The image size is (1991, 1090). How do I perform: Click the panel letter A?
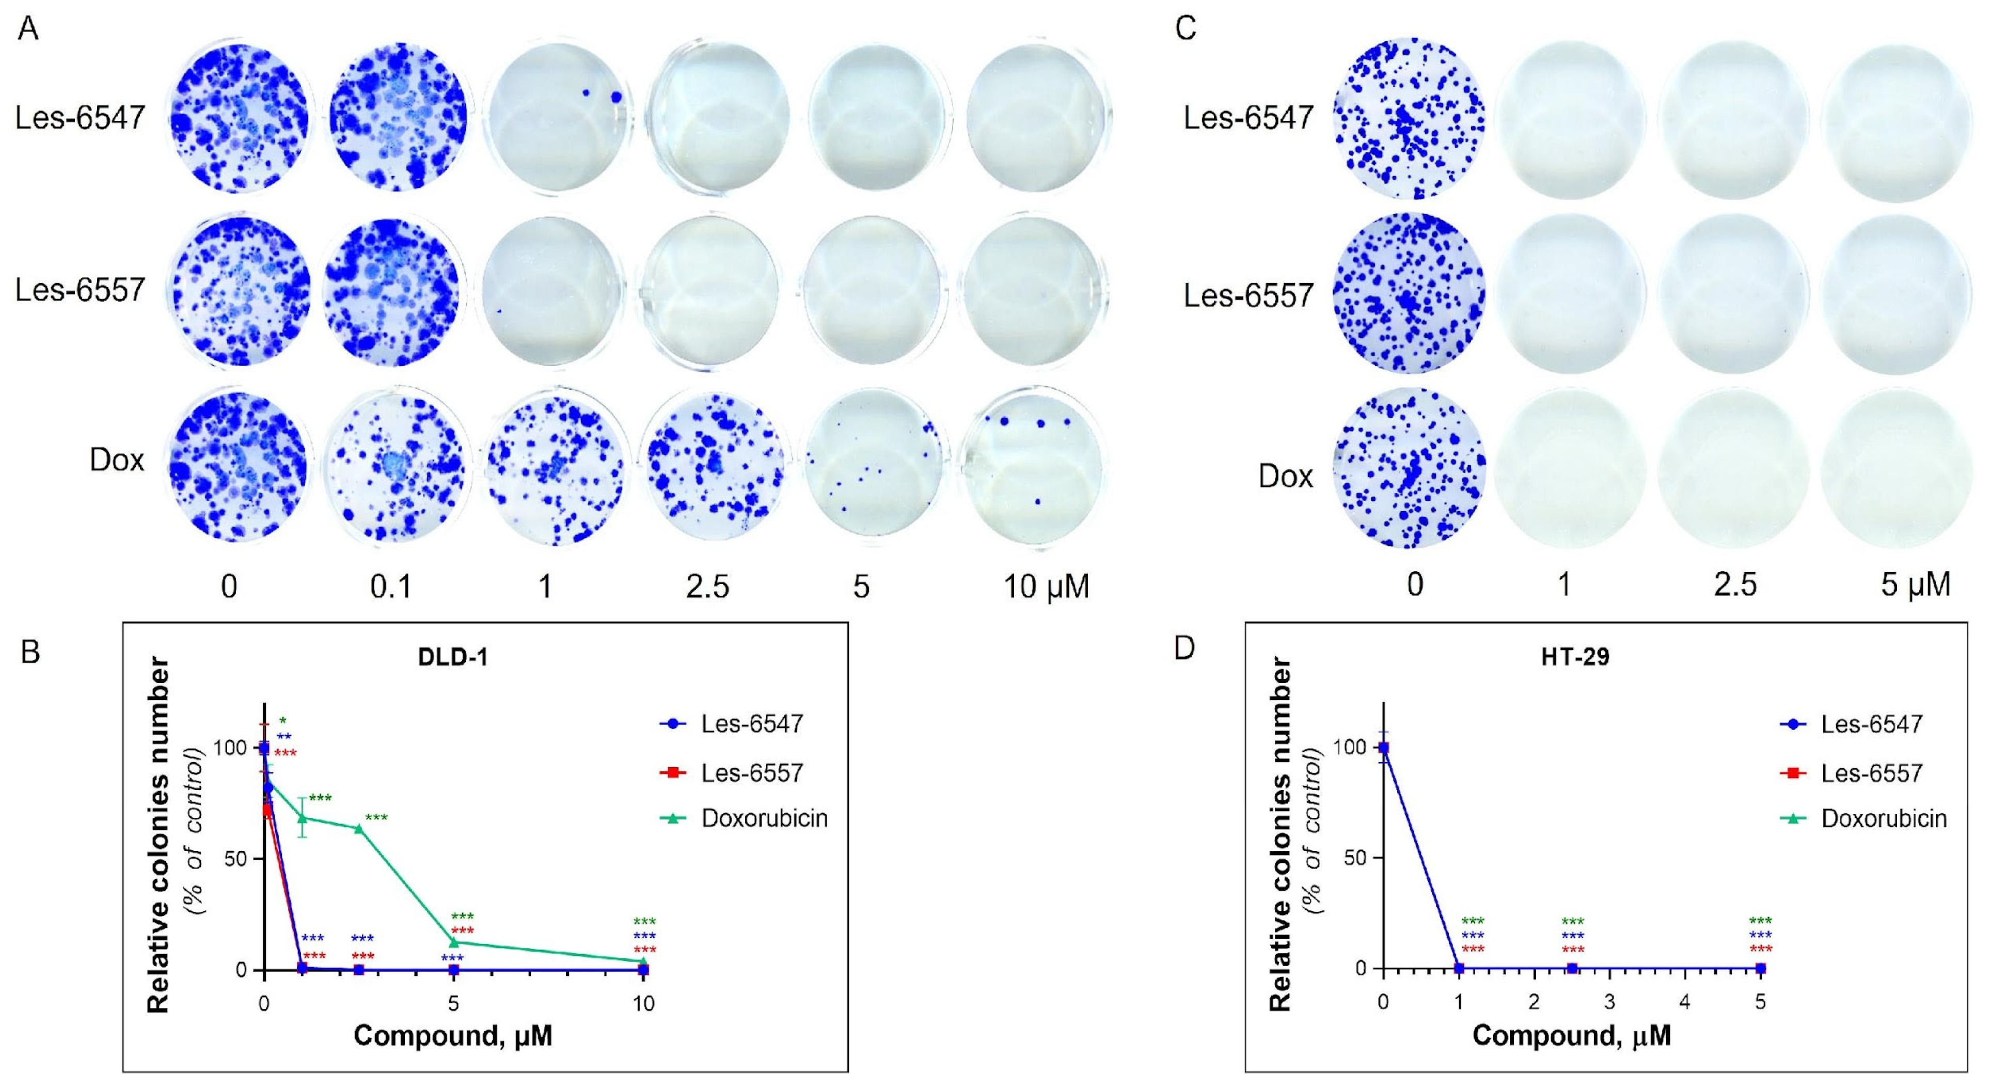point(28,29)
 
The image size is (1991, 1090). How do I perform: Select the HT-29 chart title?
point(1573,657)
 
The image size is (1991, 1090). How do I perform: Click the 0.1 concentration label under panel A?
point(390,587)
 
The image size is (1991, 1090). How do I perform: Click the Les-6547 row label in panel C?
point(1248,118)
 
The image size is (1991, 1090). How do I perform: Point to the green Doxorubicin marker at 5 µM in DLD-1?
point(454,942)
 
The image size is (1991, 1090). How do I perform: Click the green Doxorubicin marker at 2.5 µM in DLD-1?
point(359,829)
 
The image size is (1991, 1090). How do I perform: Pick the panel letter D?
point(1183,649)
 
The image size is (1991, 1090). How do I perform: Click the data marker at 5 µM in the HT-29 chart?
point(1760,968)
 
